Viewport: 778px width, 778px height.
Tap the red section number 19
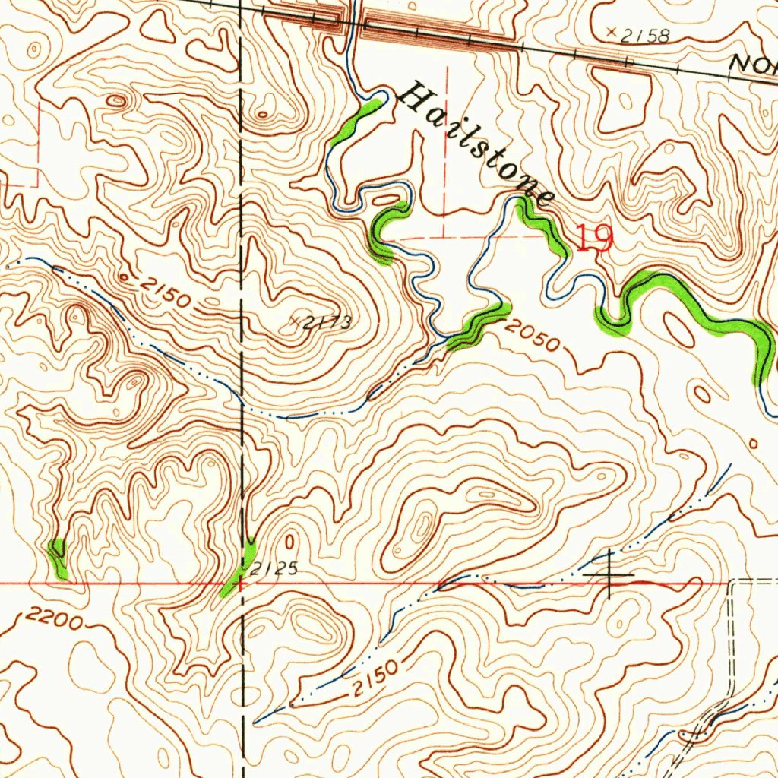coord(593,239)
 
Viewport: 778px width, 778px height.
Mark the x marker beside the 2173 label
coord(296,321)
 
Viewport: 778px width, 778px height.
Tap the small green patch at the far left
coord(58,557)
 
